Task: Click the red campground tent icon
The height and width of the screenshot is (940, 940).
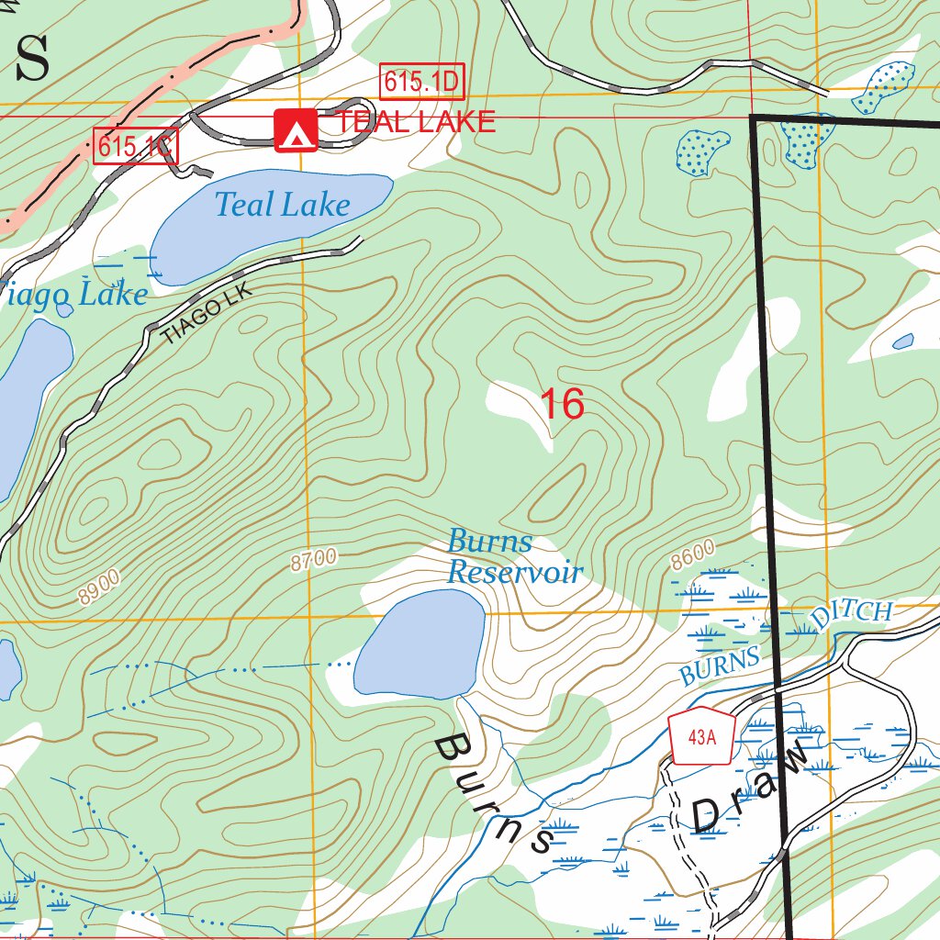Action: [x=296, y=130]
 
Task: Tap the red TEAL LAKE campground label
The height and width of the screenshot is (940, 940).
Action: [x=415, y=121]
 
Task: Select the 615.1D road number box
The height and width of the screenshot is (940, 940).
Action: [x=421, y=83]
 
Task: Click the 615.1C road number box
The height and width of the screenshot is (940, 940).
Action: [x=135, y=146]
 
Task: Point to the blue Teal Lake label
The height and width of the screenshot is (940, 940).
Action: [x=283, y=205]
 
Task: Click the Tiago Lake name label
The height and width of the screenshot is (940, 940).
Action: [x=73, y=296]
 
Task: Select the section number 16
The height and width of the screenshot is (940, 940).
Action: [x=561, y=405]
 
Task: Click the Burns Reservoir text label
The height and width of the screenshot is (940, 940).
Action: [x=514, y=557]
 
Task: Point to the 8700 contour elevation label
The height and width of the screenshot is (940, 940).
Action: [x=314, y=559]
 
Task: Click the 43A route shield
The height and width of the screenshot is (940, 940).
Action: [x=701, y=735]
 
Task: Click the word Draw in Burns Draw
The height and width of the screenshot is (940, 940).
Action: [x=751, y=791]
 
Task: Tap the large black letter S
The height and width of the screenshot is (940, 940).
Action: [x=32, y=60]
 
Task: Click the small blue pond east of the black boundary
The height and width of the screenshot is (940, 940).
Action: [x=903, y=341]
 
